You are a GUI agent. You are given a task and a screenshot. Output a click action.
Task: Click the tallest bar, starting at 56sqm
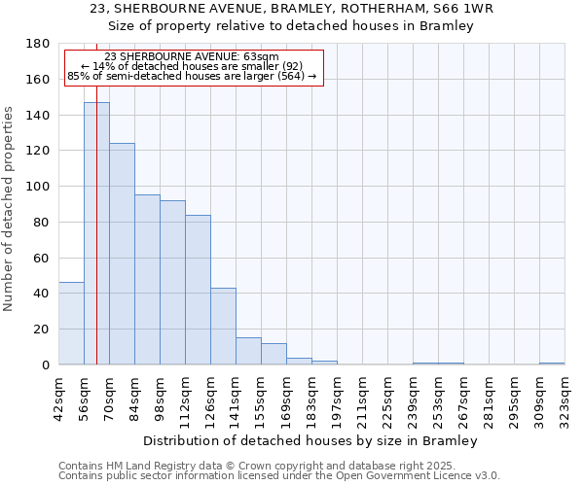pos(96,233)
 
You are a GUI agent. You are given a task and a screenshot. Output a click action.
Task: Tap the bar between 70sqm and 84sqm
pos(122,254)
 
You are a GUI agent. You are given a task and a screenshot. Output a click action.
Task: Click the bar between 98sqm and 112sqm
pos(172,283)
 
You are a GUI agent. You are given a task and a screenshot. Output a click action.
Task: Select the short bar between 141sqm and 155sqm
pos(248,352)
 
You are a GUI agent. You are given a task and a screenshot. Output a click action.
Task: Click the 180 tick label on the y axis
pos(38,44)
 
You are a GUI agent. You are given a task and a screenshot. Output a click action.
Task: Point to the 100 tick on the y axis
pos(38,187)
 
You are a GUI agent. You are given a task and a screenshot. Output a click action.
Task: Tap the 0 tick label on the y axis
pos(45,365)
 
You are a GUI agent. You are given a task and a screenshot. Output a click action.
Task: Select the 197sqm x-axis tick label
pos(337,396)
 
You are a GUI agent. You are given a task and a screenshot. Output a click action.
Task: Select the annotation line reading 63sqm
pos(191,56)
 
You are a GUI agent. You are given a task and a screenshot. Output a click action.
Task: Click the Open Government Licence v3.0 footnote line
pos(279,475)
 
